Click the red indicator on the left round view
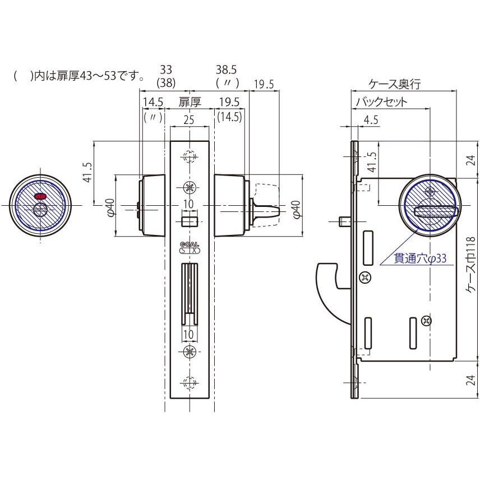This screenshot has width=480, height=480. tap(40, 195)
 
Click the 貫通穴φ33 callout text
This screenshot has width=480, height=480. tap(420, 259)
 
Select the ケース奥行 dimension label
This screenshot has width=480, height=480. tap(395, 84)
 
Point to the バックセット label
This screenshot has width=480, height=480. tap(381, 101)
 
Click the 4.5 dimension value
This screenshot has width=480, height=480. tap(371, 119)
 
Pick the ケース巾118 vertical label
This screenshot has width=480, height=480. tap(472, 265)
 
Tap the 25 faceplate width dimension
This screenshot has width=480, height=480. tap(189, 119)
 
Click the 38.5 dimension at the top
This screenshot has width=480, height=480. tap(226, 70)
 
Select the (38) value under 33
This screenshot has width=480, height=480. tap(166, 82)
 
